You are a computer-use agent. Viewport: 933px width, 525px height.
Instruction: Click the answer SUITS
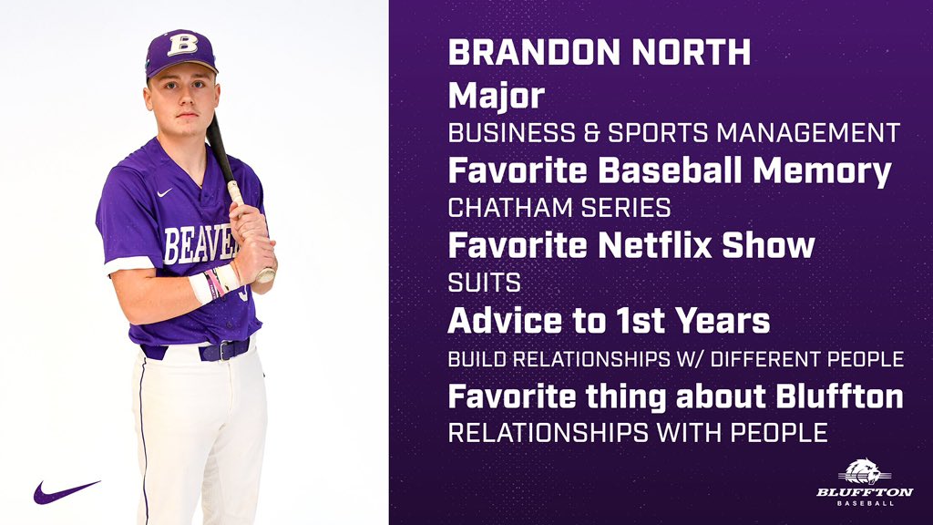coord(484,283)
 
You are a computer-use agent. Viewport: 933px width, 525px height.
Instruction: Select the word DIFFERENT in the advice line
coord(751,359)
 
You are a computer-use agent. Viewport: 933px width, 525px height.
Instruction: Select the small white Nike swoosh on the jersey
coord(164,193)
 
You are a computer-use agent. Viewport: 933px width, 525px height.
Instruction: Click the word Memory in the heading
coord(828,170)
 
